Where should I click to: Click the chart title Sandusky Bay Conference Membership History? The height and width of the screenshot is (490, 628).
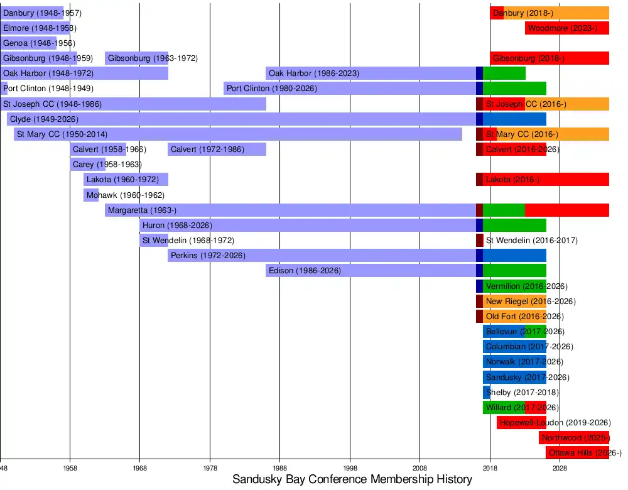click(x=352, y=480)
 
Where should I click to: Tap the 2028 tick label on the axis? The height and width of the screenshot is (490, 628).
click(x=560, y=469)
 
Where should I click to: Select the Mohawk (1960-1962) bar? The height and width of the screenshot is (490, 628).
click(x=91, y=195)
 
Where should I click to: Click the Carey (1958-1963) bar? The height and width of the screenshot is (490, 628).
click(x=87, y=165)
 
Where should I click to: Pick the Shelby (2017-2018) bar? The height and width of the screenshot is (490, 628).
click(x=487, y=393)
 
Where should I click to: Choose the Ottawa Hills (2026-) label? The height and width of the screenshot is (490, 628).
click(x=585, y=453)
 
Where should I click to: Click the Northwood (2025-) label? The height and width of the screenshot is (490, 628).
click(x=575, y=438)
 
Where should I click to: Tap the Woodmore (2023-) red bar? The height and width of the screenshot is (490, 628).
click(x=567, y=28)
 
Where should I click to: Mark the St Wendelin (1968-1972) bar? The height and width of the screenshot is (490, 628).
click(x=154, y=240)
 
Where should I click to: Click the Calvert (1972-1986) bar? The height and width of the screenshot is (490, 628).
click(x=217, y=150)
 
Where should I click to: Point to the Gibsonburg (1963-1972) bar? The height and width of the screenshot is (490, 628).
click(x=136, y=58)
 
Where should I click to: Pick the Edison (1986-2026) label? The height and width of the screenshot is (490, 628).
click(x=305, y=271)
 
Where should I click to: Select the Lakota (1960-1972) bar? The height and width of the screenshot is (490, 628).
click(x=126, y=180)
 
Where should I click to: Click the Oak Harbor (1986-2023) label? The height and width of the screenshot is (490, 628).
click(x=314, y=73)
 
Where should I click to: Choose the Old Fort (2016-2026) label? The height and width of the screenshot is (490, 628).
click(x=524, y=317)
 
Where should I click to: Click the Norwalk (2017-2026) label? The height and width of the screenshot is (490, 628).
click(x=524, y=362)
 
